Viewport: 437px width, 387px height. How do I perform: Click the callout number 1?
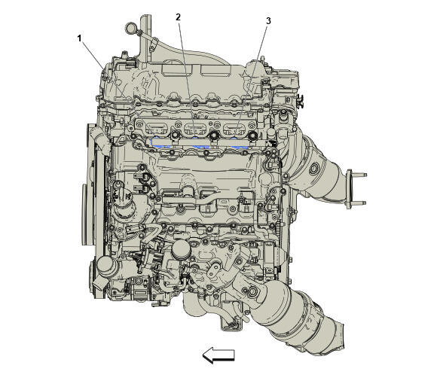click(79, 38)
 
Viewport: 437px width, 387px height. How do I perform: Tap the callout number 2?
click(178, 17)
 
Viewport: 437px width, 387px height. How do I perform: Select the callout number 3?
click(268, 21)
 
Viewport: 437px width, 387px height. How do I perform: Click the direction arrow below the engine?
click(218, 355)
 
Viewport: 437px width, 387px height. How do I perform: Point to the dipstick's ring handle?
click(130, 27)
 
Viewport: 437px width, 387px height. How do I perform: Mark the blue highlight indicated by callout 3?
click(237, 142)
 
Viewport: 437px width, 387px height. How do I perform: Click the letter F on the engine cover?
click(292, 82)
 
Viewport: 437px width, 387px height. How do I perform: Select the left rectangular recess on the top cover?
click(176, 70)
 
